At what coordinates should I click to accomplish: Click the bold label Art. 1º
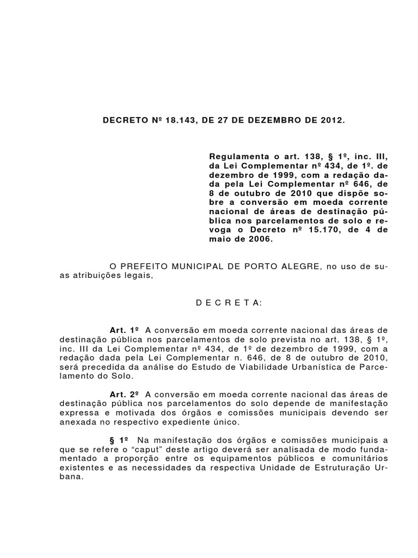(125, 331)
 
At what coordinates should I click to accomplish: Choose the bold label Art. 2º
(125, 394)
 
